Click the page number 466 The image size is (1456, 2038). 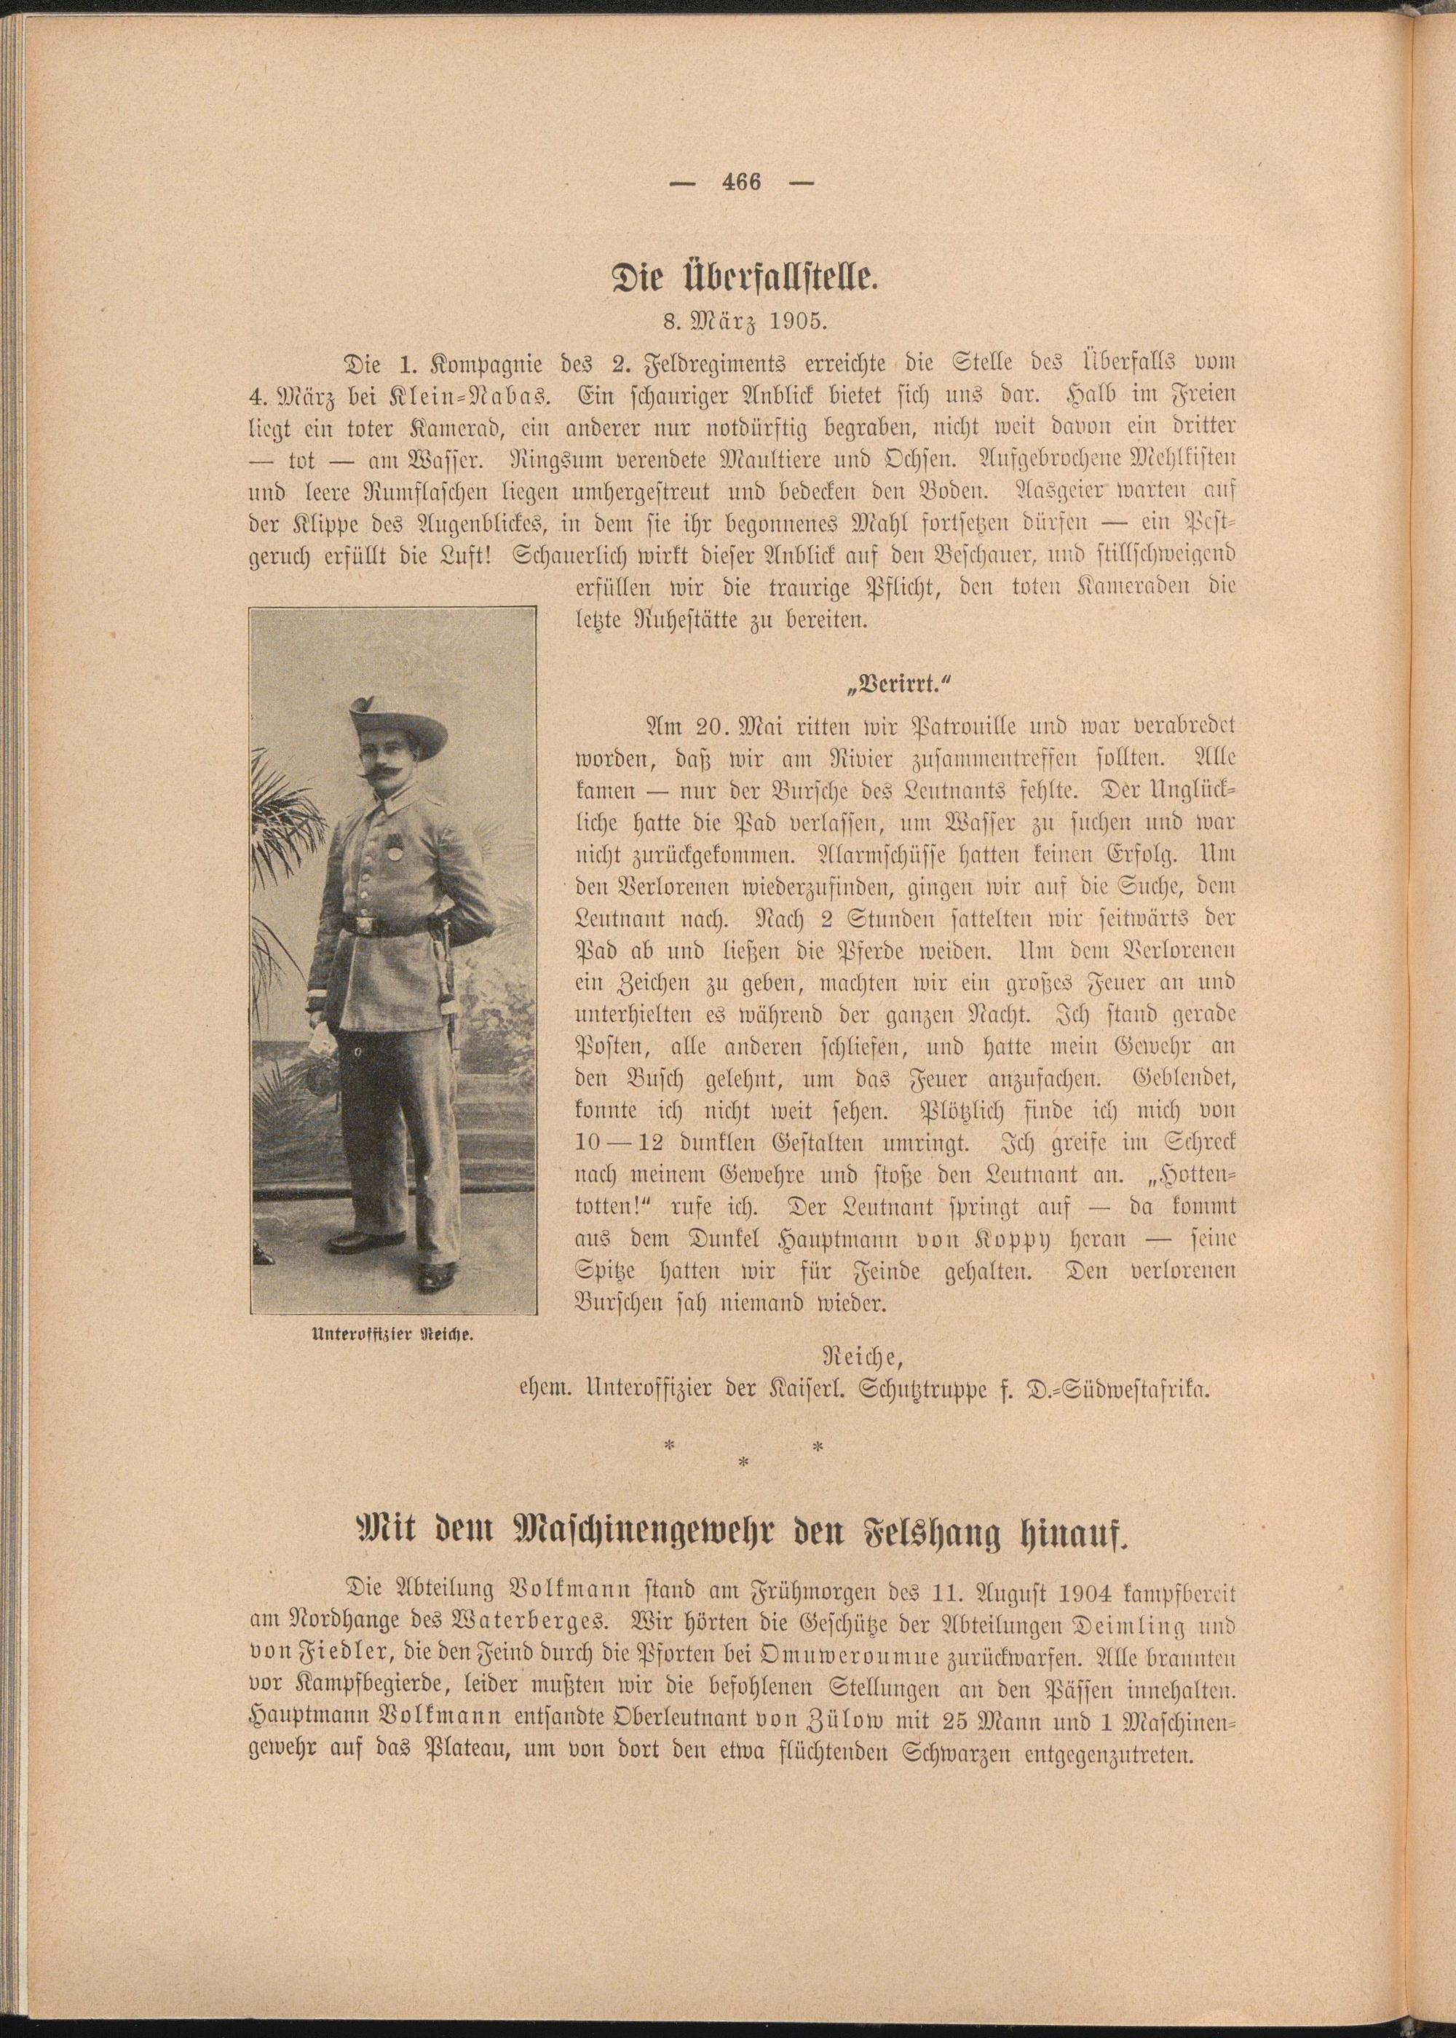[x=740, y=181]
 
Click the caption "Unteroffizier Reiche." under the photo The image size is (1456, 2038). [x=392, y=1333]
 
